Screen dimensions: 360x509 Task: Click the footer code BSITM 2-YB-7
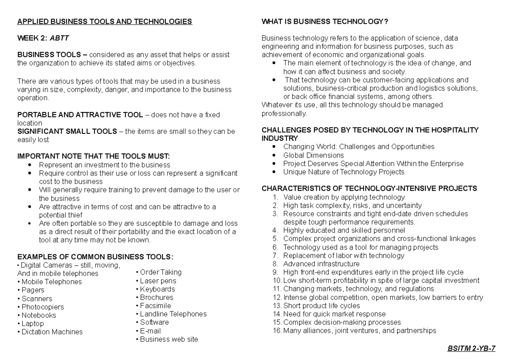tap(471, 348)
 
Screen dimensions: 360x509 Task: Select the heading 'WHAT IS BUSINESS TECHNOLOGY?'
tap(325, 21)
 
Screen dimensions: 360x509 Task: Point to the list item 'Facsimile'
tap(155, 306)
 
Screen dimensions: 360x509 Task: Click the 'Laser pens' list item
tap(158, 281)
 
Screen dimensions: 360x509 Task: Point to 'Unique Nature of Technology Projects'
tap(344, 172)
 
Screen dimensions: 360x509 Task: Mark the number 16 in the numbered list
tap(277, 331)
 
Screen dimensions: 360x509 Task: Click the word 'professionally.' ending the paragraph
tap(284, 113)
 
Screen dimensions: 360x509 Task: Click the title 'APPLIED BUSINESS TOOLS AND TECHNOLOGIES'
tap(104, 21)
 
